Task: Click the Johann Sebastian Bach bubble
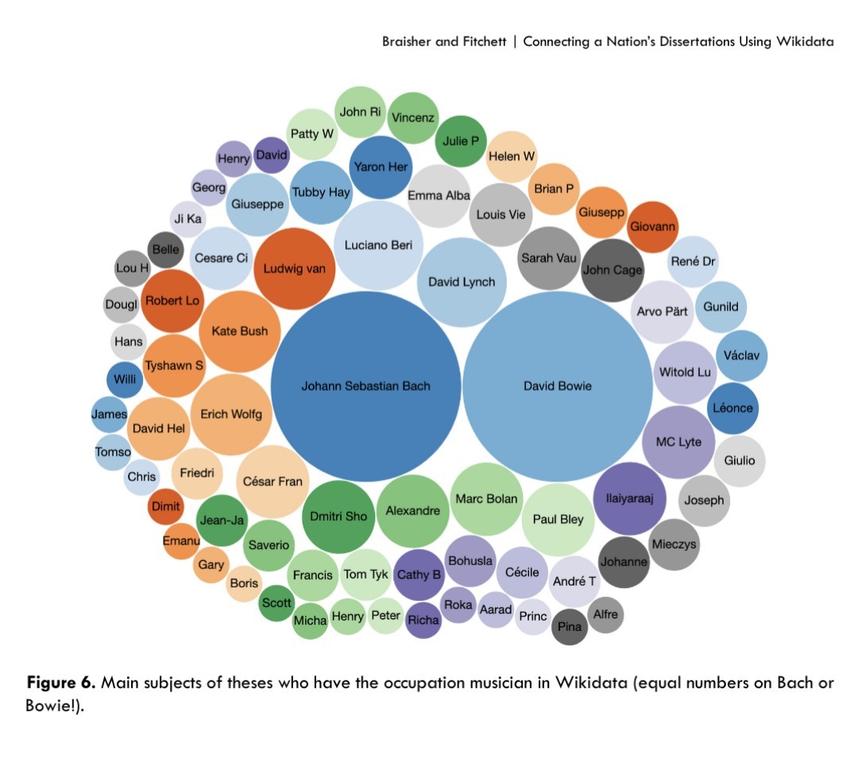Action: pos(365,386)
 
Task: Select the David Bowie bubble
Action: pos(558,386)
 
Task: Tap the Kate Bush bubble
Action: pos(240,331)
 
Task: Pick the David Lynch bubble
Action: pos(462,282)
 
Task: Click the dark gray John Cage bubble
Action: pos(613,270)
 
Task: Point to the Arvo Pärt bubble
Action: pos(662,312)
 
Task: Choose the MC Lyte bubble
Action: pos(678,442)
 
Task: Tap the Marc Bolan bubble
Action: pos(486,499)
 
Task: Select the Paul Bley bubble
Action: pos(558,520)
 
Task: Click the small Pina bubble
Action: pos(570,627)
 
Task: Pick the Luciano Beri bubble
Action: pos(379,246)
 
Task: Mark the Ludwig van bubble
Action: pos(295,269)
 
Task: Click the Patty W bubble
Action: pos(312,134)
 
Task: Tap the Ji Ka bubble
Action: pos(187,219)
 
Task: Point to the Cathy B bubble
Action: pos(419,575)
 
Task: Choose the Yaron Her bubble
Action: pos(381,168)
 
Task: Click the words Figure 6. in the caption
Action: pos(61,683)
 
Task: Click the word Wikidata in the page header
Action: pos(805,41)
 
